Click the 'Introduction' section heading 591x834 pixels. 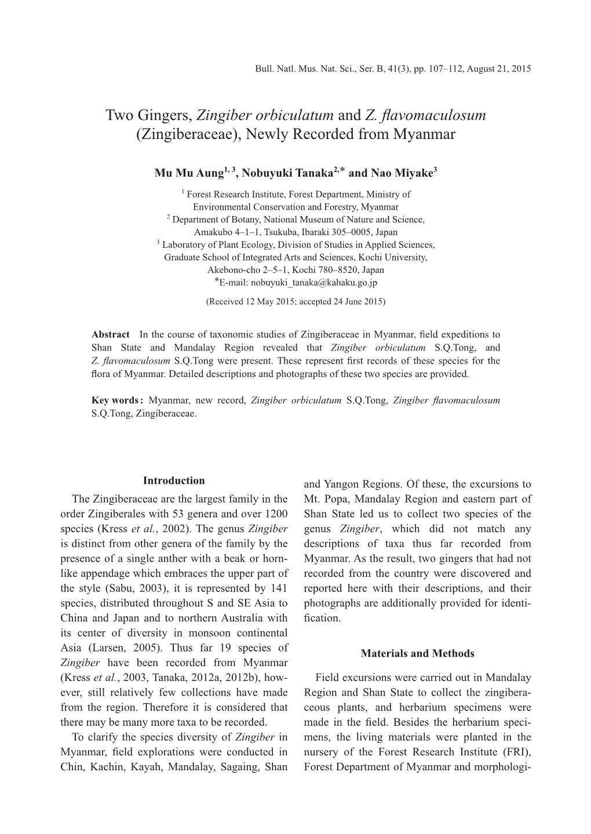coord(174,481)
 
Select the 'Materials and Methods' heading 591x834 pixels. coord(417,654)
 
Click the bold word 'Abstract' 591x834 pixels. coord(111,335)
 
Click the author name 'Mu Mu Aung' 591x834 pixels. coord(189,173)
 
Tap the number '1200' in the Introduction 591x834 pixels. coord(276,514)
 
